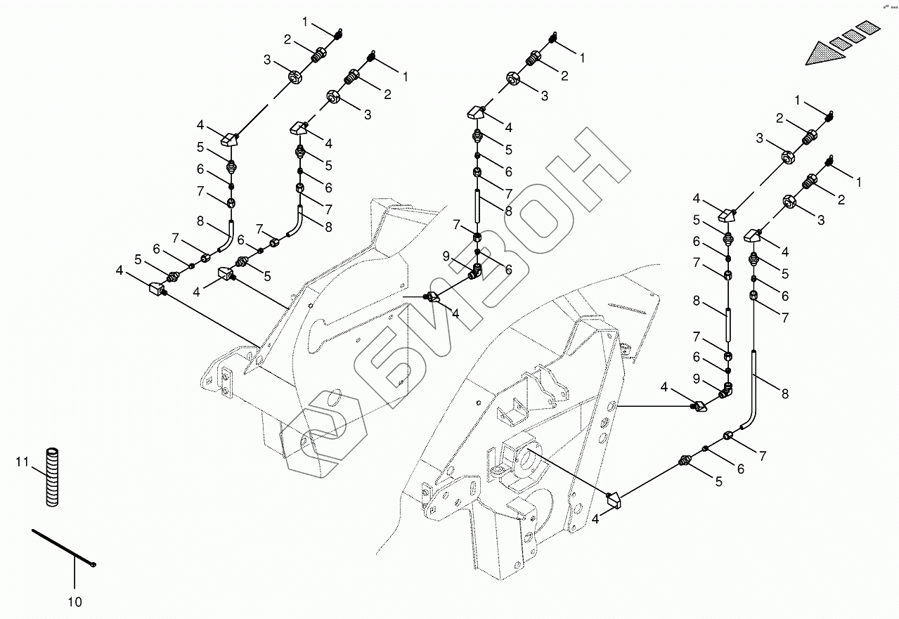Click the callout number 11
point(22,462)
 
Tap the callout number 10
point(75,602)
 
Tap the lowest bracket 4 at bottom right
point(614,500)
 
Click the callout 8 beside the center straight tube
point(508,209)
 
